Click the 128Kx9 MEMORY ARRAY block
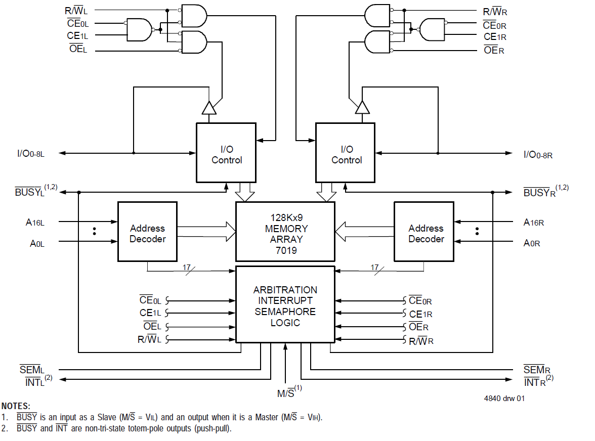(285, 233)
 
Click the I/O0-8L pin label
(31, 153)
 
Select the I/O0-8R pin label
(538, 154)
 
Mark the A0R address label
(532, 243)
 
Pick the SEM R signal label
(537, 370)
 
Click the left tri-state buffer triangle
(209, 108)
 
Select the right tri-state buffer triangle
(362, 108)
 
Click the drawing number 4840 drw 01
(504, 398)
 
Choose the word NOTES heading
(16, 406)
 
